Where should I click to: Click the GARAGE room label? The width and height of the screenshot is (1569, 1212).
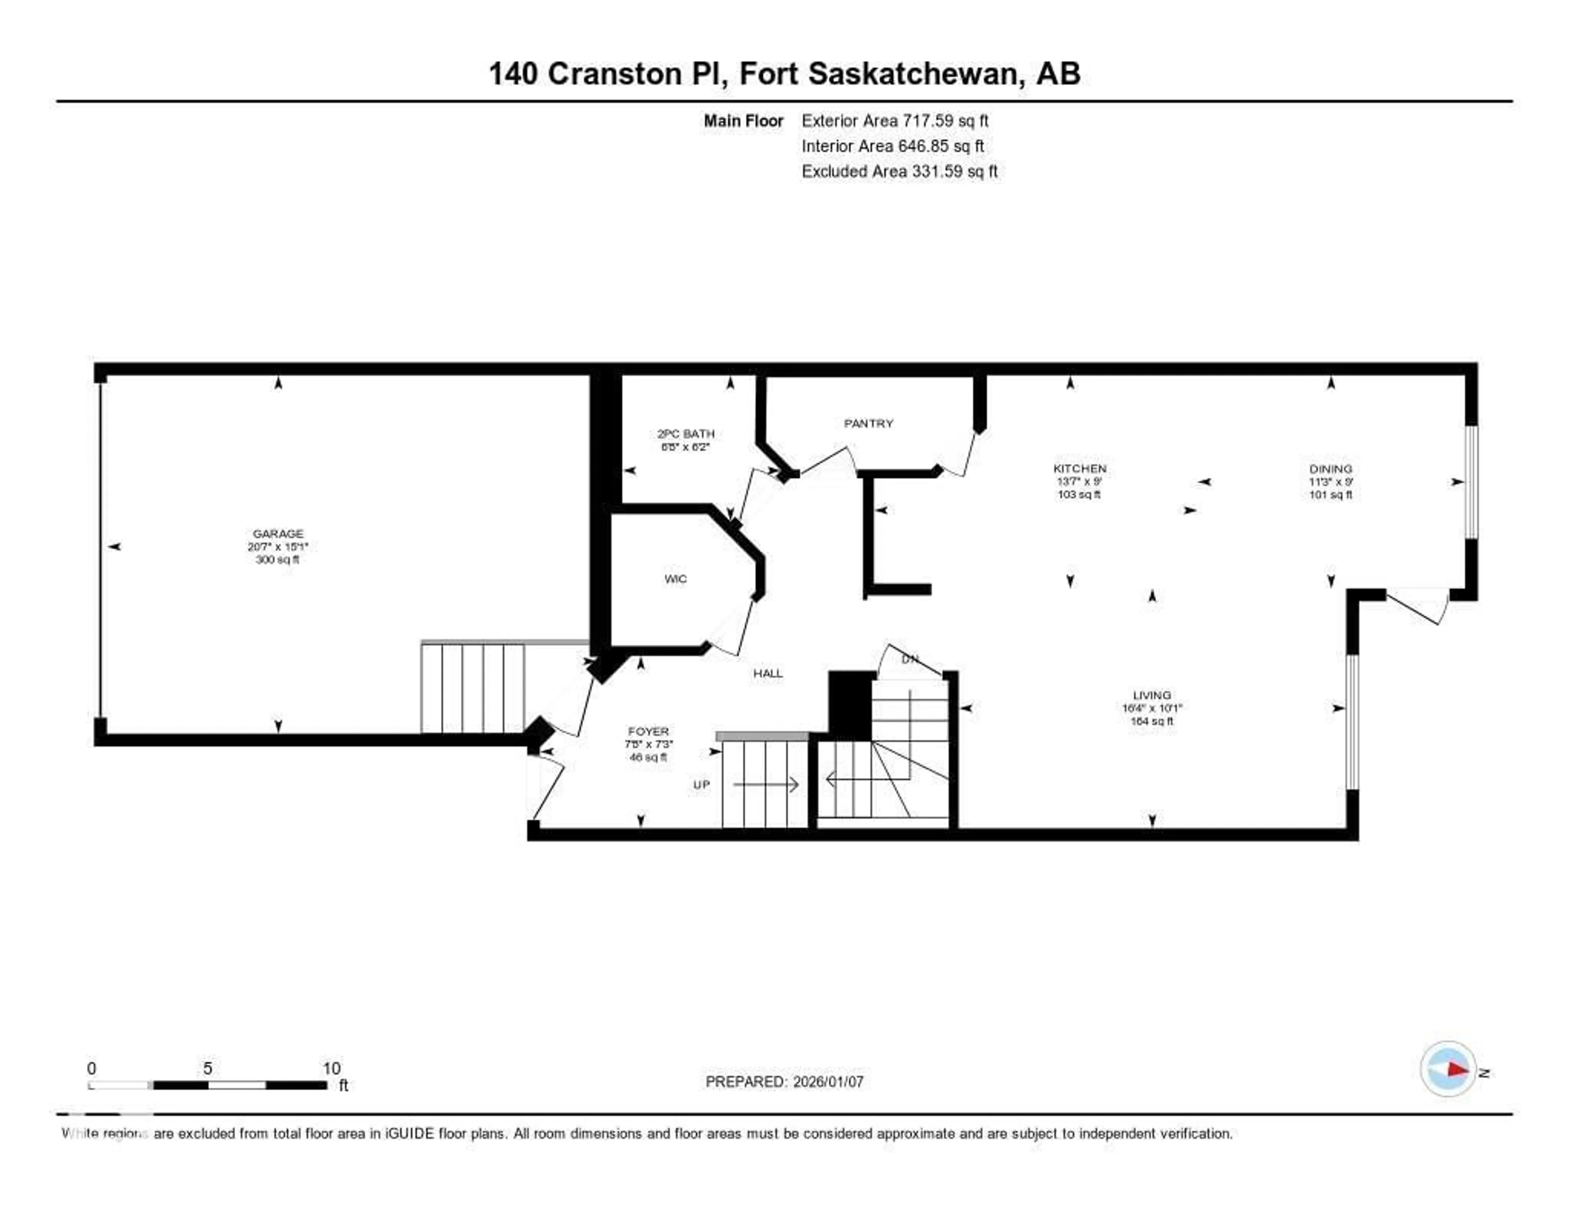(x=278, y=533)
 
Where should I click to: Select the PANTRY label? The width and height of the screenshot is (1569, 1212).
(x=868, y=423)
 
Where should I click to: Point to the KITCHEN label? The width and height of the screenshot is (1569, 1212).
(x=1079, y=468)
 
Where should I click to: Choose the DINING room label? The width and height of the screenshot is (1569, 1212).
(x=1330, y=468)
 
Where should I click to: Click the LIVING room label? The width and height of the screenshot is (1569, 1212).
(x=1151, y=695)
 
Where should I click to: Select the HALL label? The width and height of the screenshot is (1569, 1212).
(x=767, y=673)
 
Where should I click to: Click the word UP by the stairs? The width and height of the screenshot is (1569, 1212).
(x=701, y=785)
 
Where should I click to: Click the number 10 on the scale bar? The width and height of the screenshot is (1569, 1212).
(x=331, y=1068)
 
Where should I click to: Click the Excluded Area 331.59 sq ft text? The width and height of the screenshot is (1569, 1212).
(x=899, y=171)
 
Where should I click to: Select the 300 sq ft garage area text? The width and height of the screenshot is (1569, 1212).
(x=277, y=560)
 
